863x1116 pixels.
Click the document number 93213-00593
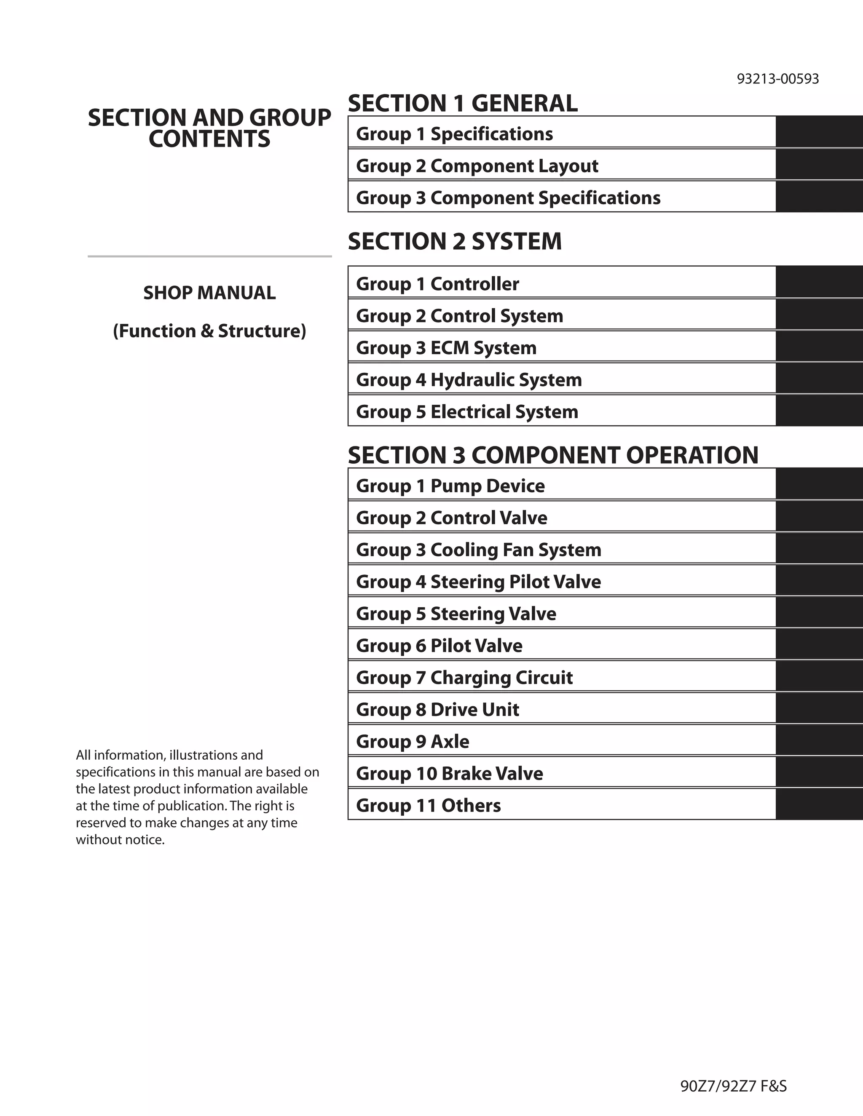pos(777,79)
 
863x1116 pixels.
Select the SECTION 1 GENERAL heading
pos(463,103)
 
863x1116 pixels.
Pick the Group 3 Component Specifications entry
pos(508,198)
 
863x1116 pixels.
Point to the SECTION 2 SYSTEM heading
pos(455,241)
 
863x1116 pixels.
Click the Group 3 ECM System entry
pos(446,348)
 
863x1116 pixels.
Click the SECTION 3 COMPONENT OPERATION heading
pos(553,455)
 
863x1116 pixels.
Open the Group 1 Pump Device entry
pos(450,486)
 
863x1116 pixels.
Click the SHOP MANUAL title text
pos(209,293)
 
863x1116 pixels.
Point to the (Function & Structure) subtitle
pos(209,331)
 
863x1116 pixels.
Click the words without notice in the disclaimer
pos(120,840)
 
